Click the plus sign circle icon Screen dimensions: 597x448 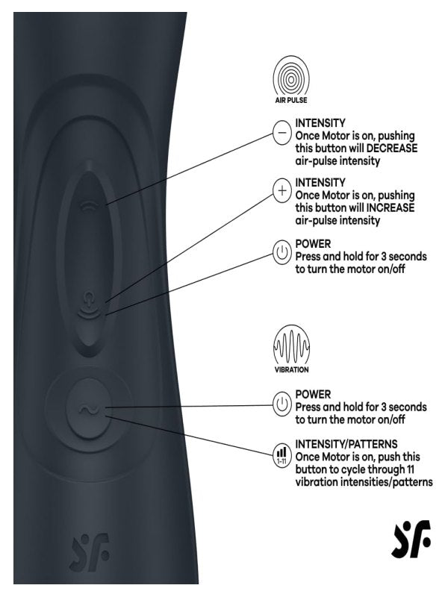pyautogui.click(x=281, y=193)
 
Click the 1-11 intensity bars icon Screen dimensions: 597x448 pyautogui.click(x=281, y=454)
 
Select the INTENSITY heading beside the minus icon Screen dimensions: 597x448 pyautogui.click(x=320, y=122)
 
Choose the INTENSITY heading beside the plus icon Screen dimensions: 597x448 pyautogui.click(x=320, y=181)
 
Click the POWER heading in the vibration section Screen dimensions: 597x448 pyautogui.click(x=313, y=394)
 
